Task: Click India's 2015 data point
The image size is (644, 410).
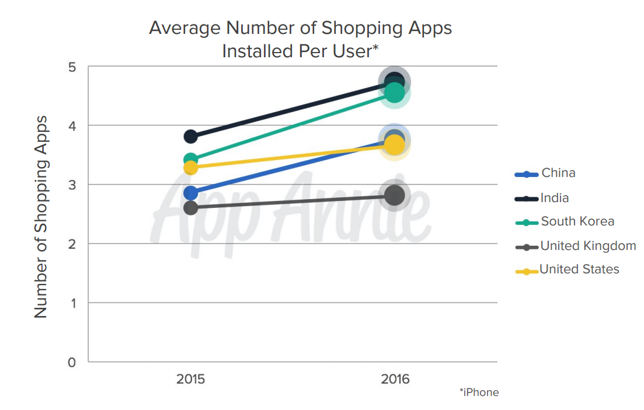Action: point(190,137)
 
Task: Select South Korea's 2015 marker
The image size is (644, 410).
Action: point(190,159)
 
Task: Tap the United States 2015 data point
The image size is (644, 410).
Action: point(190,168)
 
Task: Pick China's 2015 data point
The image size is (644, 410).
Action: point(190,193)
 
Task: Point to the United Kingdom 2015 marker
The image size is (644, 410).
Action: point(190,208)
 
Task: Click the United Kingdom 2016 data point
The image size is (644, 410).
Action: point(395,195)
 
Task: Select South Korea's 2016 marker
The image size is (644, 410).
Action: point(394,92)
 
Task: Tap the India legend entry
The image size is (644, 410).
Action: point(554,198)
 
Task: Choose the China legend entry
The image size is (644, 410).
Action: point(558,173)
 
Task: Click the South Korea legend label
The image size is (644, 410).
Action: point(577,221)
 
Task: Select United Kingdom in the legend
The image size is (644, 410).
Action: point(588,246)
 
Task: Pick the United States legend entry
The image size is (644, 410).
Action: point(579,269)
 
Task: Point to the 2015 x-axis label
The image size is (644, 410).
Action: point(190,379)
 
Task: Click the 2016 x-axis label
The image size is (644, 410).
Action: point(395,379)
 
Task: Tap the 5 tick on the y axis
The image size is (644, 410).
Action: point(72,67)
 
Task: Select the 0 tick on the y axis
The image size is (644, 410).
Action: point(72,362)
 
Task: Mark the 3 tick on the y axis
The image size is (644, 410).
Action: point(72,185)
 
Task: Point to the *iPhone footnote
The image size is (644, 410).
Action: point(479,392)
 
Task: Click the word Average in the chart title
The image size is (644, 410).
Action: point(185,28)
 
